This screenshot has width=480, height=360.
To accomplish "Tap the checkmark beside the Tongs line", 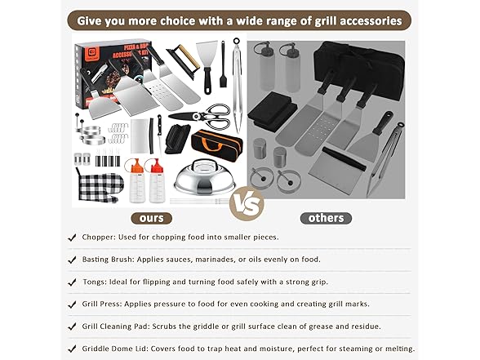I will [x=73, y=282].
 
